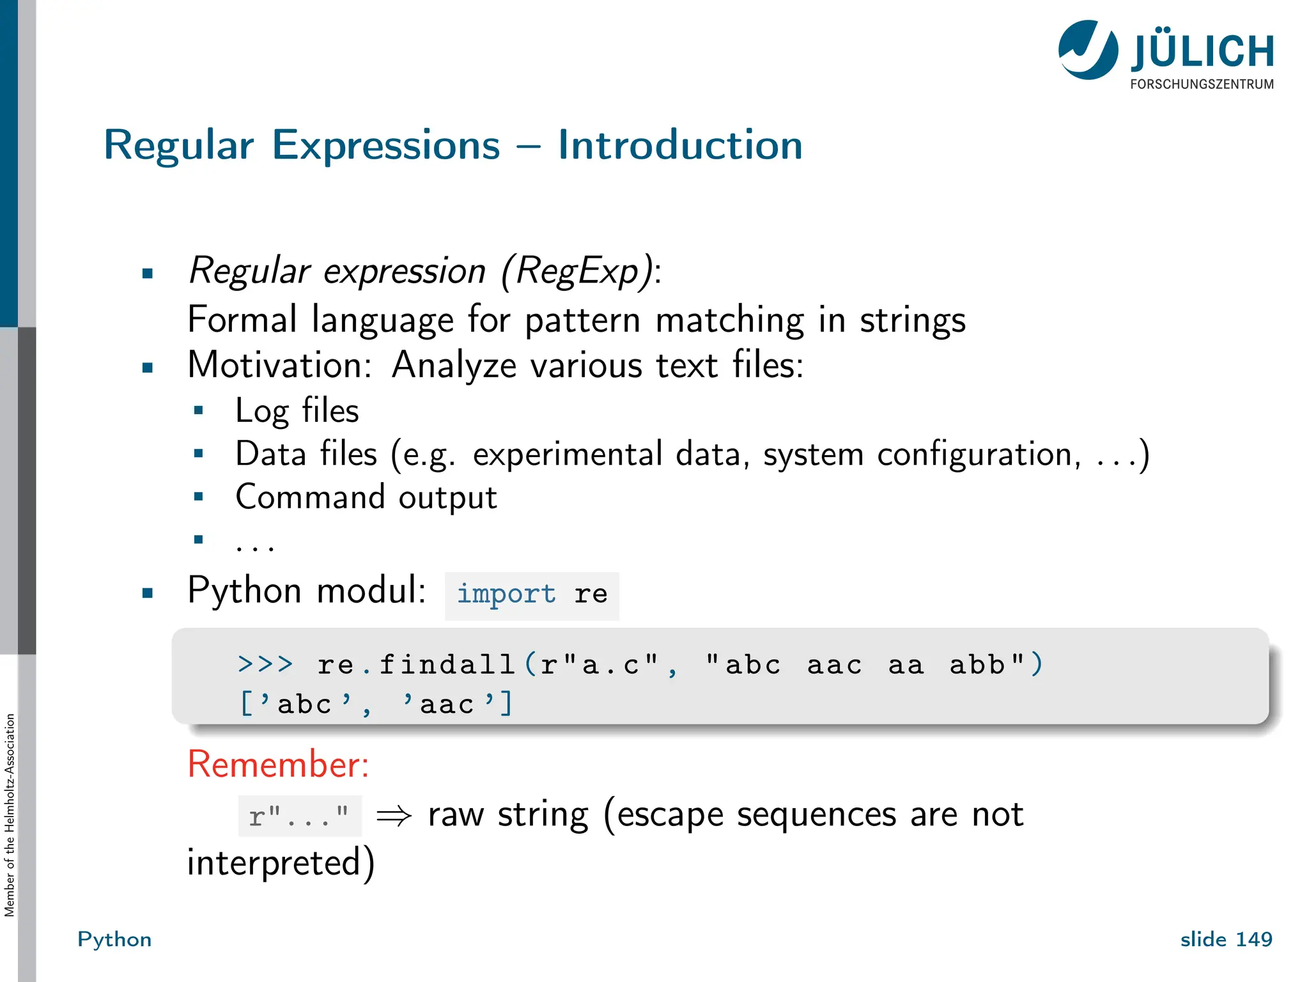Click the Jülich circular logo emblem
(x=1088, y=50)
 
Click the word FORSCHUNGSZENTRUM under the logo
(x=1202, y=84)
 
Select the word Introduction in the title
(x=680, y=145)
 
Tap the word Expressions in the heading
(x=386, y=146)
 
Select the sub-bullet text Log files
(x=297, y=410)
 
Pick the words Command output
(x=366, y=497)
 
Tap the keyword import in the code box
(x=506, y=594)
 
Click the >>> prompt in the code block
(x=265, y=664)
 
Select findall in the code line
(x=447, y=664)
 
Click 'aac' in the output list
(x=448, y=705)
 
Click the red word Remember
(x=278, y=764)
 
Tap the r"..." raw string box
(x=299, y=816)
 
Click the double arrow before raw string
(x=394, y=816)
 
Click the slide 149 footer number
(x=1226, y=939)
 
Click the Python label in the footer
(x=114, y=939)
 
